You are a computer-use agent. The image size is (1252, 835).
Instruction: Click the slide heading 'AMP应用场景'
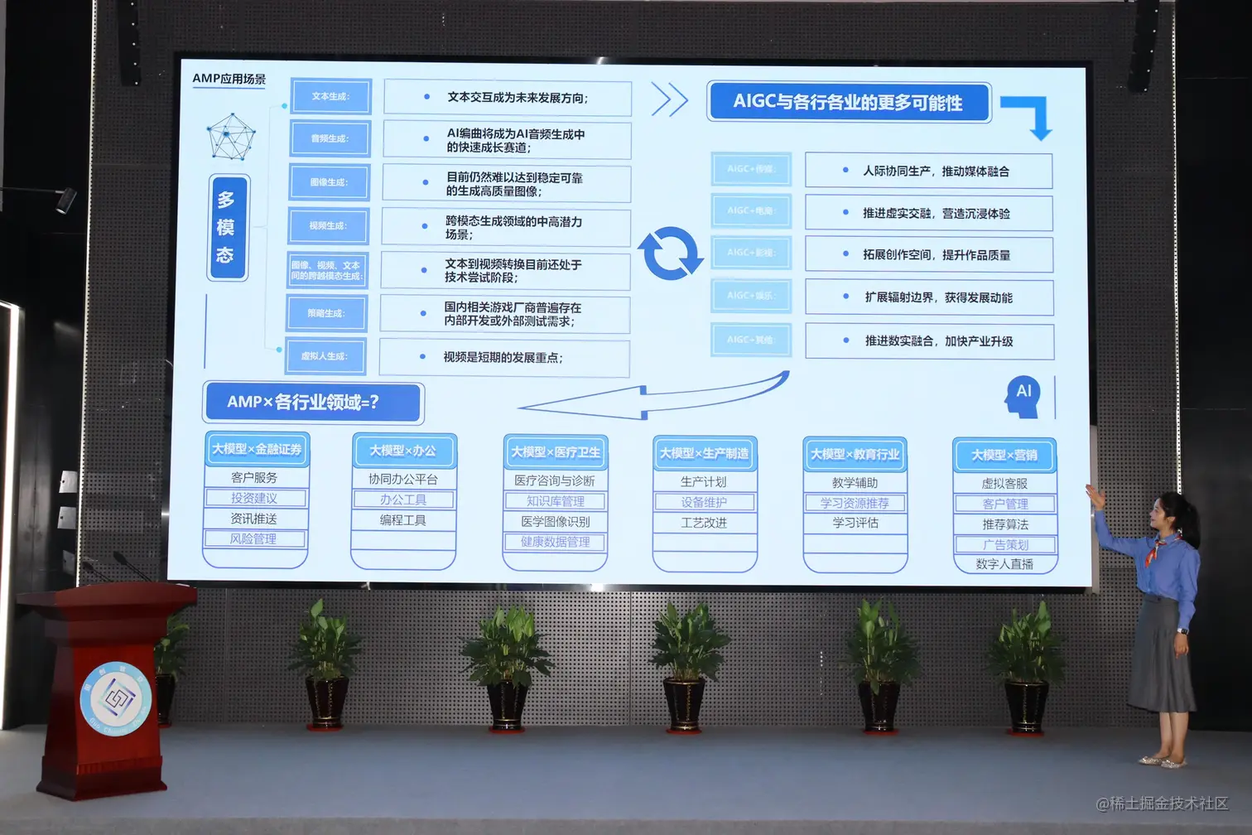pos(229,79)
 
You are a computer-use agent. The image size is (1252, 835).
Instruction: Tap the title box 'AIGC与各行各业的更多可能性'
pos(848,103)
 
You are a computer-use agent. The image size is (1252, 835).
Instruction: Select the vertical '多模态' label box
pos(226,228)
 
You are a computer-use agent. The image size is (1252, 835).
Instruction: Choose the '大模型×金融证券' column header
pos(257,449)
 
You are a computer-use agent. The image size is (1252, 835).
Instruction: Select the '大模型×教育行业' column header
pos(855,454)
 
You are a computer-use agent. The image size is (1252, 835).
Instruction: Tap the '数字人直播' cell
pos(1004,564)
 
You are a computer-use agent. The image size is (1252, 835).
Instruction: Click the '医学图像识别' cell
pos(555,522)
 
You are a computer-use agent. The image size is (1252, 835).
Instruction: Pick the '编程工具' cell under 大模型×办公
pos(403,520)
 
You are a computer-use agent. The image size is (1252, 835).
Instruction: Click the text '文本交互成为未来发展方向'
pos(517,98)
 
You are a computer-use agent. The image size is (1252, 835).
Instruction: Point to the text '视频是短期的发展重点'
pos(503,358)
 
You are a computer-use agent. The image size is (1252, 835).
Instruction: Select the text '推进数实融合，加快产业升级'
pos(938,341)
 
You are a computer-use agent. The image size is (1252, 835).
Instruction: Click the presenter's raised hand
pos(1095,496)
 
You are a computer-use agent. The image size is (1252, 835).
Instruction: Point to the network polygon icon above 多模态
pos(231,137)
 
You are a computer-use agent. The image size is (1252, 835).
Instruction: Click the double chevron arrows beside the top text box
pos(669,99)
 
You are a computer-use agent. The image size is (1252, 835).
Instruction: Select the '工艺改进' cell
pos(704,523)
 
